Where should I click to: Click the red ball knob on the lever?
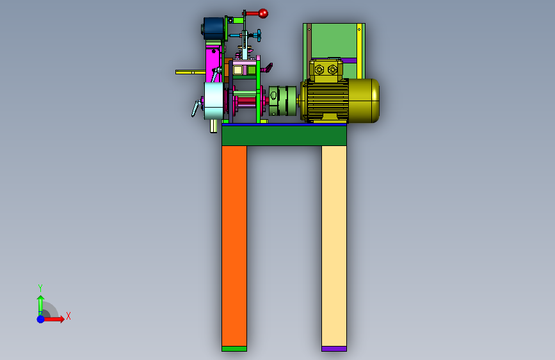pyautogui.click(x=263, y=13)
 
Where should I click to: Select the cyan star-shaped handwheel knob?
pyautogui.click(x=259, y=35)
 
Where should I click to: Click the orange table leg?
pyautogui.click(x=234, y=245)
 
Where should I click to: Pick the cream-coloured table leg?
pyautogui.click(x=334, y=245)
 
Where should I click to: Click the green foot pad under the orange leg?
pyautogui.click(x=234, y=348)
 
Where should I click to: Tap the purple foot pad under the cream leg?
pyautogui.click(x=334, y=348)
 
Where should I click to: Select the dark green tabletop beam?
pyautogui.click(x=284, y=135)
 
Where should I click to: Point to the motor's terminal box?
pyautogui.click(x=326, y=70)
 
